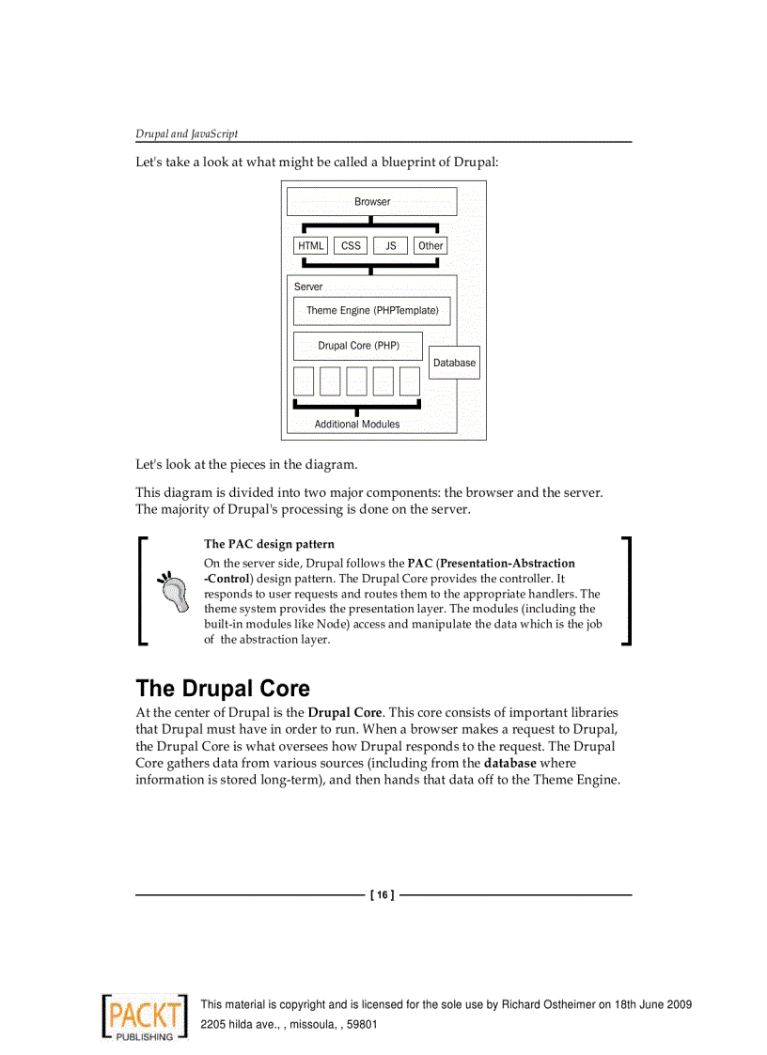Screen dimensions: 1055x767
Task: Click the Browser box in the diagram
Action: (x=371, y=202)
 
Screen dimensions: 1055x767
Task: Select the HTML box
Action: (x=310, y=246)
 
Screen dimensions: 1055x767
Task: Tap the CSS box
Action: (x=351, y=246)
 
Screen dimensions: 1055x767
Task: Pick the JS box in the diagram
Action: (x=390, y=246)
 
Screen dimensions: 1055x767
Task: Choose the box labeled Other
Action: (x=430, y=246)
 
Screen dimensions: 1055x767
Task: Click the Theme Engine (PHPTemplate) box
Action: (x=371, y=311)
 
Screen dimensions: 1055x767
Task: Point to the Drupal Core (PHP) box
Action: (x=358, y=346)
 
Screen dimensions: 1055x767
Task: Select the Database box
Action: (x=454, y=363)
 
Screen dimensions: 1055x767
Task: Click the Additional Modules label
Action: (x=356, y=425)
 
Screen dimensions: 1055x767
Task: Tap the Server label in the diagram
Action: (x=308, y=287)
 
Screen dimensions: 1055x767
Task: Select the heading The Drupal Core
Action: (x=223, y=689)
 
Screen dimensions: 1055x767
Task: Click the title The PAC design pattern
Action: (x=269, y=544)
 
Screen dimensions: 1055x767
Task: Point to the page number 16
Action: (x=382, y=895)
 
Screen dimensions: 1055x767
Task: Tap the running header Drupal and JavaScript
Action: (x=186, y=134)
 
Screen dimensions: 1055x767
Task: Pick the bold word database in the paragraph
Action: (x=509, y=763)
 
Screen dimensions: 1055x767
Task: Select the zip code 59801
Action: (x=362, y=1024)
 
